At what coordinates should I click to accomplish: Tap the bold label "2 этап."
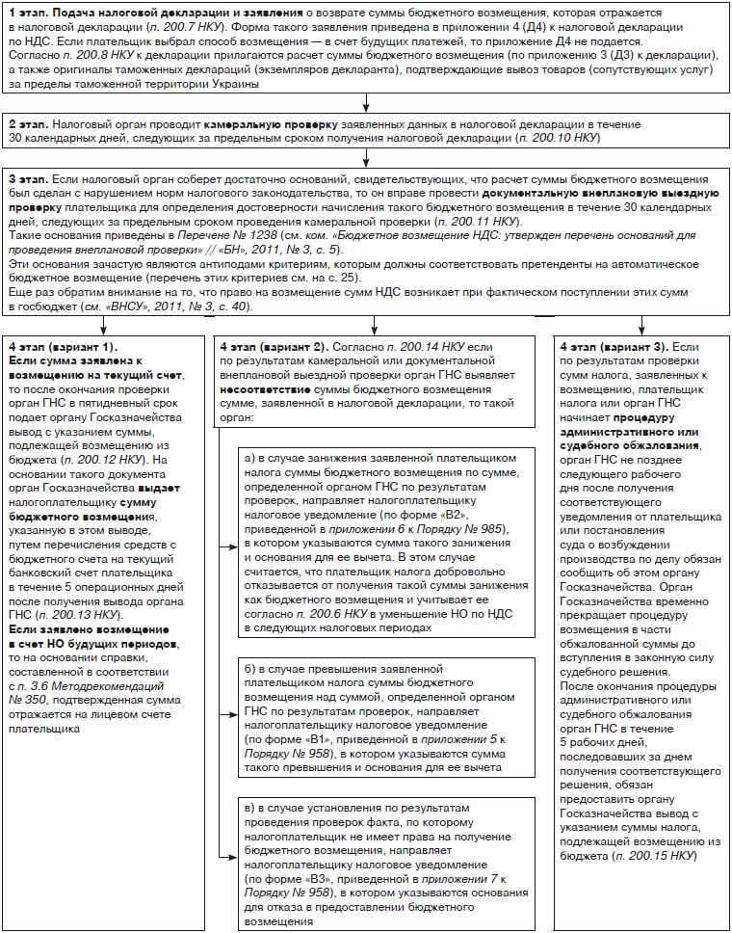tap(30, 126)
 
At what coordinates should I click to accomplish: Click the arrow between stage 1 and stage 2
tap(366, 104)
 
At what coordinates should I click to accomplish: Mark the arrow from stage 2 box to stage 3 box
tap(366, 160)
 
